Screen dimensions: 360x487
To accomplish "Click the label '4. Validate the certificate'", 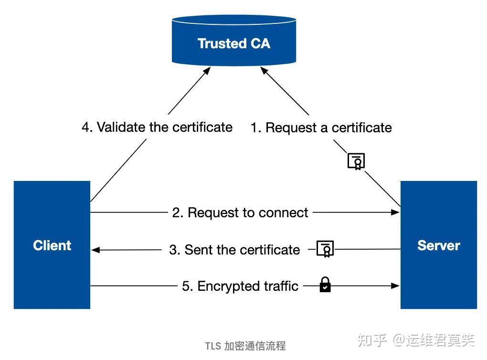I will point(157,127).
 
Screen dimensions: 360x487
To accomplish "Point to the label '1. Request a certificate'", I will point(321,127).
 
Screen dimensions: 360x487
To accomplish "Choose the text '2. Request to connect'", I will point(240,212).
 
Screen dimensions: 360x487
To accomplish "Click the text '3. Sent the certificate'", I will point(234,249).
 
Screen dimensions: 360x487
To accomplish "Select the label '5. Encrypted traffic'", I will point(240,286).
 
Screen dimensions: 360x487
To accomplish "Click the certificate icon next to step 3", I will point(326,249).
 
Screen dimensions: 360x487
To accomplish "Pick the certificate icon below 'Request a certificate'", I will point(356,161).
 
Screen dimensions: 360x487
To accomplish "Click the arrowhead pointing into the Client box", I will point(95,249).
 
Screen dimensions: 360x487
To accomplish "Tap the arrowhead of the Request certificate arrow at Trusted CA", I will point(263,70).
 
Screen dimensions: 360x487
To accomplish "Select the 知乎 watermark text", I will point(372,340).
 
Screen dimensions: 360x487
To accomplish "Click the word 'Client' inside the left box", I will point(52,245).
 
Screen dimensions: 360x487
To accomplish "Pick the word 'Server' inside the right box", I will point(438,245).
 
